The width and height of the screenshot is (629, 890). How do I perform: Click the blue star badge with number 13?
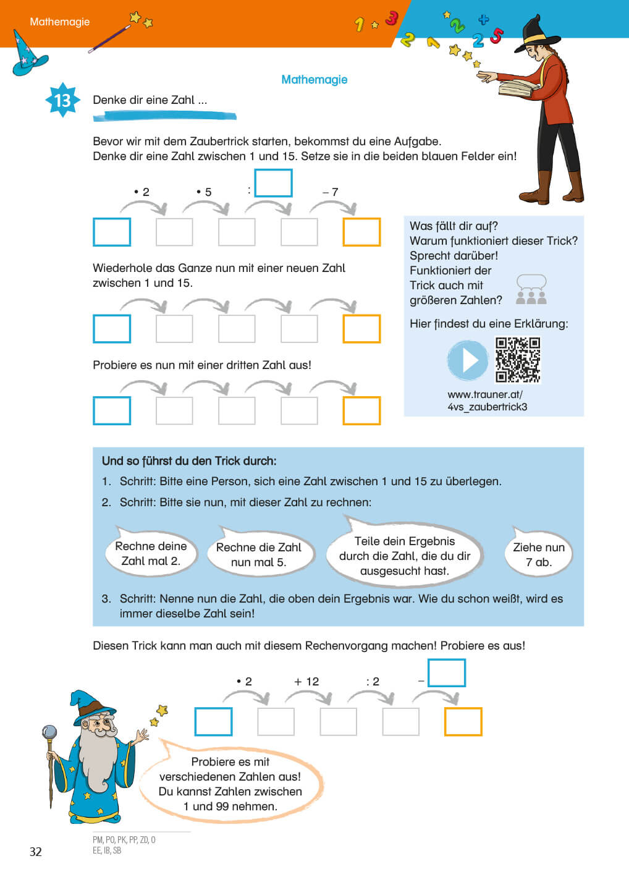point(62,100)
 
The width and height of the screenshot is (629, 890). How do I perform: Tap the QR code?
point(518,360)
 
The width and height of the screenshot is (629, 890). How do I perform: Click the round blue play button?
point(468,360)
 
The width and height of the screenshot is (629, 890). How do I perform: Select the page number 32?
point(36,852)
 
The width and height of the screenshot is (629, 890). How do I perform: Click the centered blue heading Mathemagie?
point(314,80)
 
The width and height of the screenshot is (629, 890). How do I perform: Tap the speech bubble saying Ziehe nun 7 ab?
point(538,554)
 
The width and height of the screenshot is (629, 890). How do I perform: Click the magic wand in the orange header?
point(110,38)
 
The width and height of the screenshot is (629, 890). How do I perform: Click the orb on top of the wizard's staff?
point(49,733)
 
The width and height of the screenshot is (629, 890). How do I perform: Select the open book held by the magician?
point(516,88)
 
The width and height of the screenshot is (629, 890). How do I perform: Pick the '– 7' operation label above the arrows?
point(331,192)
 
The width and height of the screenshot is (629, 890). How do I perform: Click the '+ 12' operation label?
point(306,682)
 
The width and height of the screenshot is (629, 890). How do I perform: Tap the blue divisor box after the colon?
point(273,184)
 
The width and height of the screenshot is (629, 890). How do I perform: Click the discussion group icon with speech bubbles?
point(531,290)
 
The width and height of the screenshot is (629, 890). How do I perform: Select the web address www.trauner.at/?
point(485,394)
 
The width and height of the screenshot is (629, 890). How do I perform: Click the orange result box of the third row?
point(361,411)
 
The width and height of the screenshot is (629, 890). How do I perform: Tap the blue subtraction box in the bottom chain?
point(446,673)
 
